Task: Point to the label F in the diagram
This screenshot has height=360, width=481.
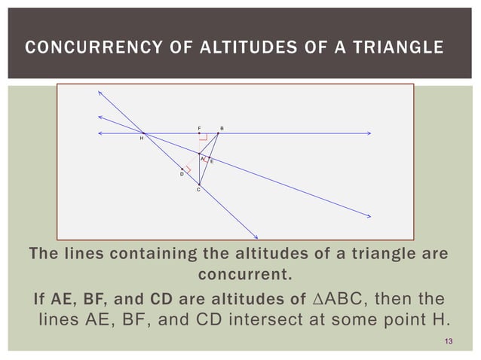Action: (x=199, y=128)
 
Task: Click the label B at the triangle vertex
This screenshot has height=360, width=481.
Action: (x=222, y=128)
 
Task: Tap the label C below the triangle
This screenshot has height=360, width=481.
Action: (x=198, y=191)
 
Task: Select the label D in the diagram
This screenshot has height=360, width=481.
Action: (x=181, y=174)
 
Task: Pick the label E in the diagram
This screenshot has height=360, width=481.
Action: (x=212, y=162)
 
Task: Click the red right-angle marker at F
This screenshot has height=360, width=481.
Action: (x=203, y=138)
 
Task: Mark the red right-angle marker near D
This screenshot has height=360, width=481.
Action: (x=188, y=170)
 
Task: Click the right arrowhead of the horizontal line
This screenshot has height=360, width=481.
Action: (x=369, y=133)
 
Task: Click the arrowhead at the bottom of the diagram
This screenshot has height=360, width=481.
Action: (x=256, y=233)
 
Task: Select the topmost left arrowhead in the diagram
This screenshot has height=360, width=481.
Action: (x=100, y=92)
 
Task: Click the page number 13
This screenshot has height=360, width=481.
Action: (x=449, y=343)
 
